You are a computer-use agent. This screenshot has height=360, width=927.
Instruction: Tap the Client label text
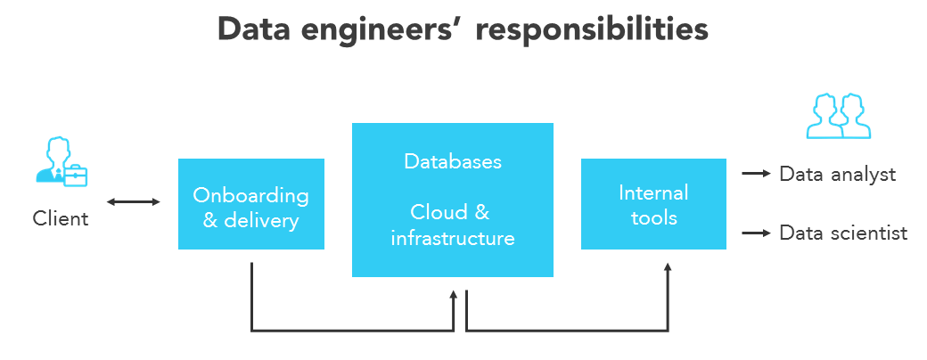[61, 218]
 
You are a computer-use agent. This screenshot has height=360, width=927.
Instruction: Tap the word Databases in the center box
[453, 161]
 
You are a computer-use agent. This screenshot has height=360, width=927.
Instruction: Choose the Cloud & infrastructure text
[452, 225]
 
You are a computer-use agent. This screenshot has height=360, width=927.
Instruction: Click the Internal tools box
[653, 204]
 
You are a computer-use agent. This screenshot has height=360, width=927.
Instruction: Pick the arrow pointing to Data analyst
[756, 175]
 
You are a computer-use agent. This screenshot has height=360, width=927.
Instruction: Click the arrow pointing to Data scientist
[756, 233]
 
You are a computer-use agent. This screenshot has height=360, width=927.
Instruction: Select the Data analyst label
[837, 175]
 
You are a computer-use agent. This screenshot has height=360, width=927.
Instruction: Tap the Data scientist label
[842, 233]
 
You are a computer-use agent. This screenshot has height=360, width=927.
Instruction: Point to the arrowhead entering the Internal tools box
[668, 266]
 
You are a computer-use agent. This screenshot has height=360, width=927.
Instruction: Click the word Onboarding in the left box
[250, 195]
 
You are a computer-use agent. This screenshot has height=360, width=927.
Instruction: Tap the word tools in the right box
[653, 217]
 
